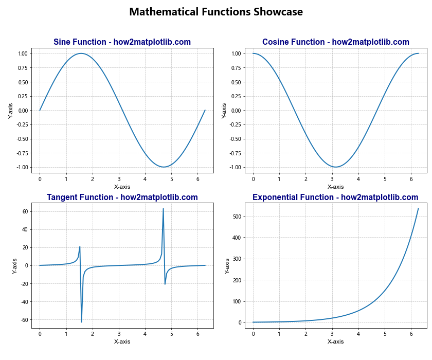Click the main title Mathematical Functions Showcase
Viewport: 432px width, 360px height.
click(x=216, y=12)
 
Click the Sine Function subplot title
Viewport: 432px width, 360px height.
click(x=122, y=42)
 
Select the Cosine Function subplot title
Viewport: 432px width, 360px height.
click(x=335, y=42)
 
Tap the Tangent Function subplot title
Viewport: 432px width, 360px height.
click(x=122, y=197)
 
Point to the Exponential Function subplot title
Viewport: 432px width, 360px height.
click(x=335, y=197)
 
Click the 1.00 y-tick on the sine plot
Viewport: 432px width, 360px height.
click(x=23, y=53)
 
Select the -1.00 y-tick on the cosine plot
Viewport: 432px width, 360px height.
click(x=235, y=167)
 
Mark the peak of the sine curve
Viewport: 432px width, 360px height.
click(x=81, y=53)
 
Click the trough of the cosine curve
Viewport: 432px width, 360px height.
click(x=335, y=167)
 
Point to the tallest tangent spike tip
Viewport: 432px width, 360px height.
click(x=163, y=208)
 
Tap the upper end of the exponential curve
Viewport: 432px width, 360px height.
click(x=418, y=208)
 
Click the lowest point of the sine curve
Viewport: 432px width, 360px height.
click(x=164, y=167)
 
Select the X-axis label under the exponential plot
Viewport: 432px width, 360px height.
click(x=335, y=341)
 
